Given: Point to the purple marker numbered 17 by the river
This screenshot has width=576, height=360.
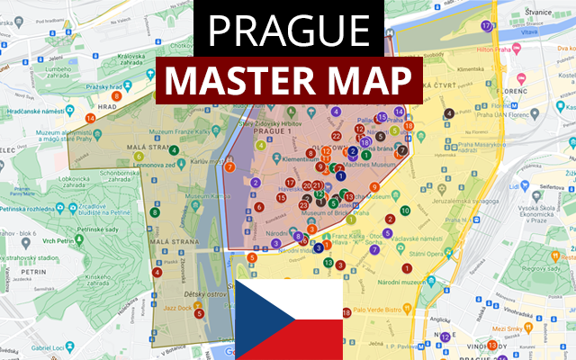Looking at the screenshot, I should tap(487, 25).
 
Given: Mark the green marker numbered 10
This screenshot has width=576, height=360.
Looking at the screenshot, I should tap(405, 211).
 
